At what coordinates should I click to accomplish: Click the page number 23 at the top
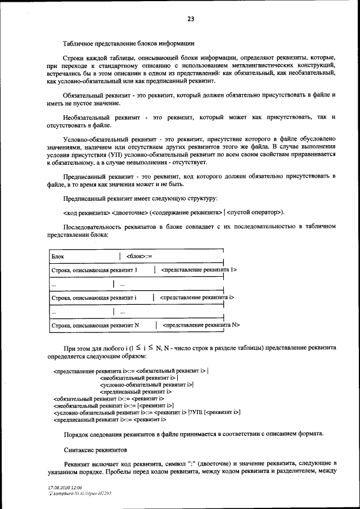point(191,19)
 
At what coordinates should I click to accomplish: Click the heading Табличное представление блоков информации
point(129,43)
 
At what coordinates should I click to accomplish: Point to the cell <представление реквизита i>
point(197,297)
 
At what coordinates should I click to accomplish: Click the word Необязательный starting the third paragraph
point(89,117)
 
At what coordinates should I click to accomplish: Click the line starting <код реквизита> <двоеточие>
point(174,212)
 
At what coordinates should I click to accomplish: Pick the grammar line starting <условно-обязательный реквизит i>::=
point(147,412)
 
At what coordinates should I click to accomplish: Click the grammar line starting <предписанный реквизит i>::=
point(109,420)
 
